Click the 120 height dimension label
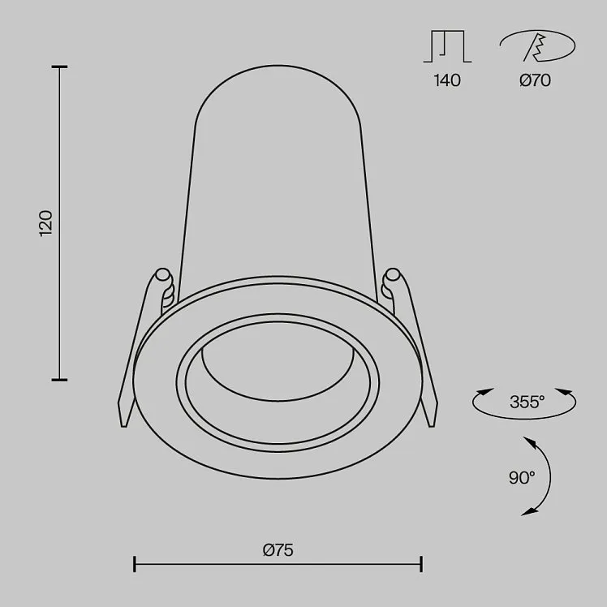click(45, 223)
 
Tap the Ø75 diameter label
click(278, 550)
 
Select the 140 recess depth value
click(447, 80)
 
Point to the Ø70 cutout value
click(535, 80)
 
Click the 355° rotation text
click(527, 402)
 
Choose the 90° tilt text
click(522, 478)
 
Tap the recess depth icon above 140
click(447, 46)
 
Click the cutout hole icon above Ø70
click(537, 46)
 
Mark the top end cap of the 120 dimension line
click(59, 67)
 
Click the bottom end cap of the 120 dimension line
click(59, 380)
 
